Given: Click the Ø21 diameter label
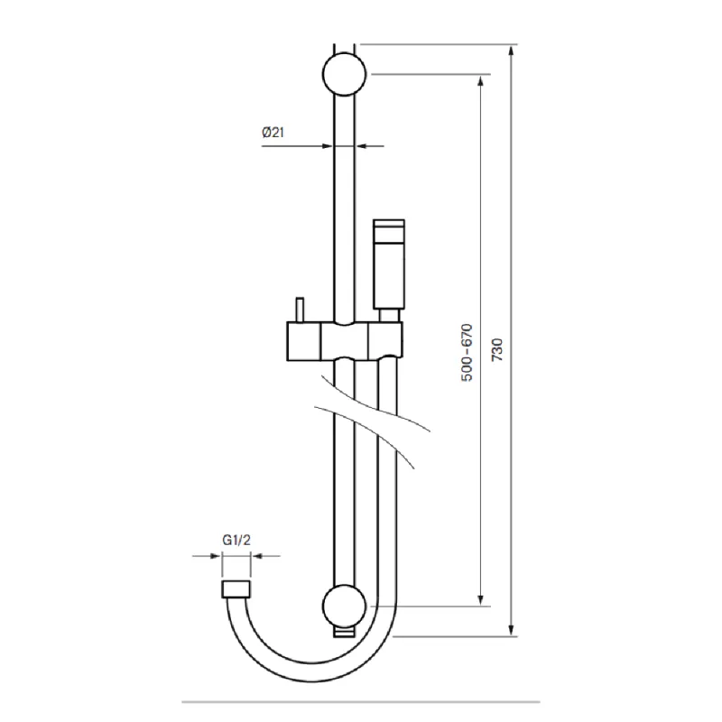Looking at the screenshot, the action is click(273, 133).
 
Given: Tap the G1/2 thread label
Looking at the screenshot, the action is click(236, 540).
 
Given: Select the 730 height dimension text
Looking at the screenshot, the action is click(497, 350).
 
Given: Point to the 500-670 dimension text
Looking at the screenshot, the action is click(467, 352).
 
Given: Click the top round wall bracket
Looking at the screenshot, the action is click(345, 74).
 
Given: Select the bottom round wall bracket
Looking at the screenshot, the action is click(345, 606).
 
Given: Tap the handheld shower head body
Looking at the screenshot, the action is click(389, 264).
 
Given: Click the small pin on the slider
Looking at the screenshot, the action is click(300, 310).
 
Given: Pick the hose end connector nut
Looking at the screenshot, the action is click(236, 589).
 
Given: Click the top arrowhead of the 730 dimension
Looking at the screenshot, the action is click(511, 50).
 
